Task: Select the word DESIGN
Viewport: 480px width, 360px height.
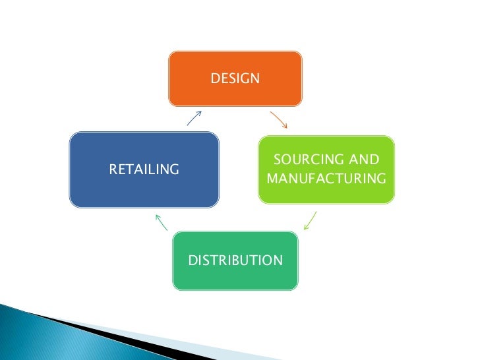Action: click(235, 79)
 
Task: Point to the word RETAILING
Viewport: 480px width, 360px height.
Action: click(144, 170)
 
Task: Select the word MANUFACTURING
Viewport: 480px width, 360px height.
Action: click(326, 179)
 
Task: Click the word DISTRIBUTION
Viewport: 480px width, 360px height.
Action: click(235, 260)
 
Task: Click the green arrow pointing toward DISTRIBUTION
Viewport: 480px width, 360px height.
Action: click(310, 220)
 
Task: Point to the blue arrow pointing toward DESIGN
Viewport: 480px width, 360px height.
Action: click(194, 117)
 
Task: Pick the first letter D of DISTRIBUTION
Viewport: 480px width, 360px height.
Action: click(193, 260)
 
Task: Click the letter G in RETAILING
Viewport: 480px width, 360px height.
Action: click(174, 170)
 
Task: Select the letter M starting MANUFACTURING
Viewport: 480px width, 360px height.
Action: click(272, 179)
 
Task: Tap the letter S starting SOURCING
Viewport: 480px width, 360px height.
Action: click(277, 160)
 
